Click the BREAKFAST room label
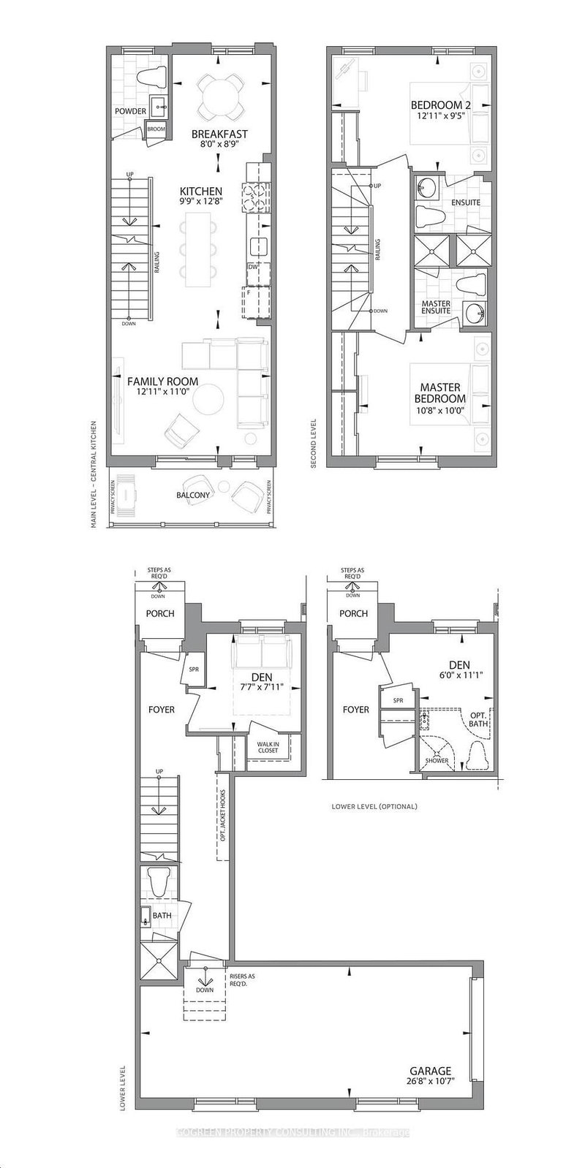click(219, 134)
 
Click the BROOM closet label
click(156, 129)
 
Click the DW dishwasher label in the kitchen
click(253, 268)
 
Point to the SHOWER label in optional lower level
click(437, 761)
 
